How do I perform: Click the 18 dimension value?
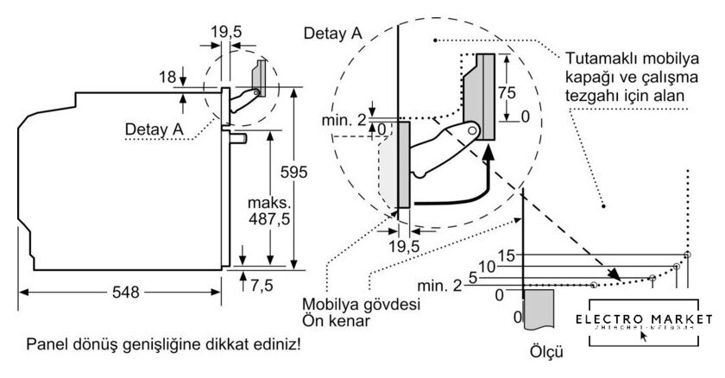point(168,79)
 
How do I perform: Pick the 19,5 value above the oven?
point(226,31)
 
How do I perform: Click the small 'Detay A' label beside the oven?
point(154,129)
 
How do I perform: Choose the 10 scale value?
point(488,268)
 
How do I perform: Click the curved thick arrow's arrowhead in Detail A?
point(489,154)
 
